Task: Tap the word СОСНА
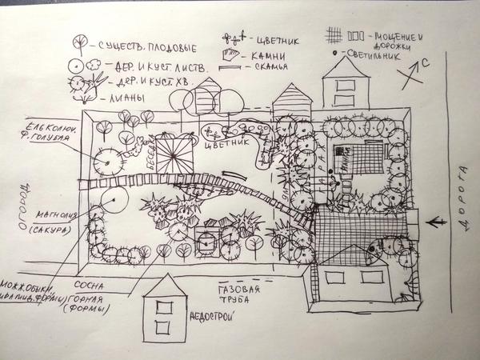click(x=86, y=284)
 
